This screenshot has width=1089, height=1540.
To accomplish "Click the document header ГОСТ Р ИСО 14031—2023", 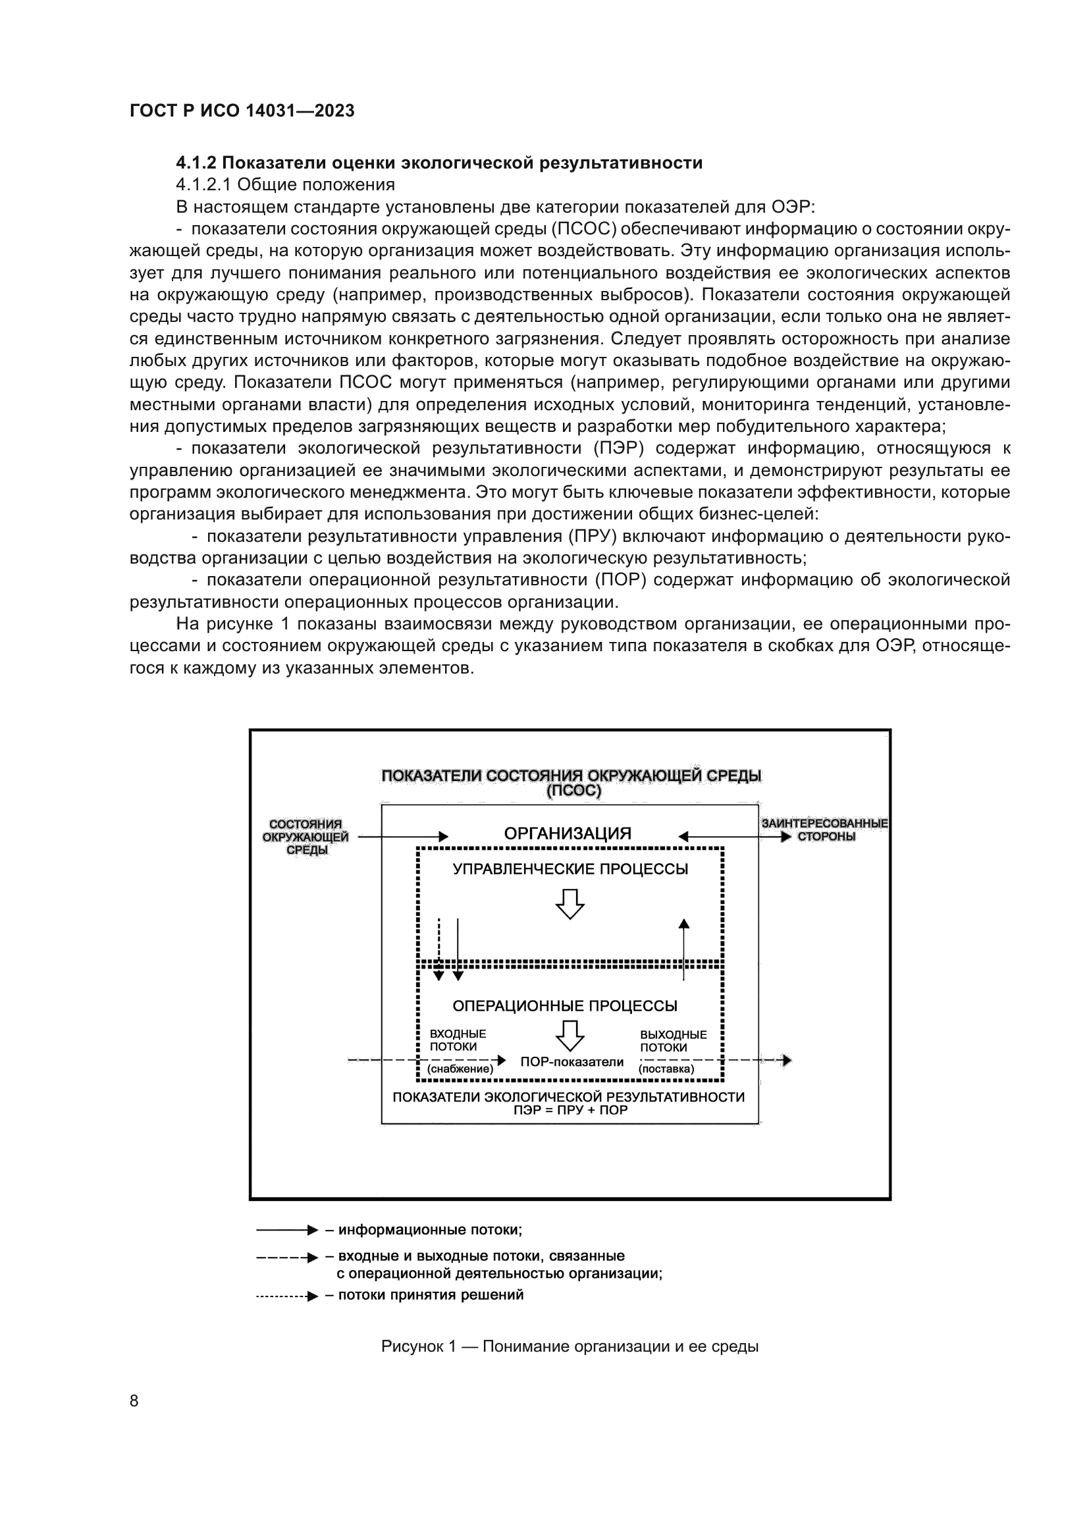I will click(242, 111).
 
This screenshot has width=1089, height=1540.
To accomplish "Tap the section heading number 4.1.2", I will click(196, 163).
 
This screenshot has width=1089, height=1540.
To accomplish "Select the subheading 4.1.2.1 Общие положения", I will click(285, 184).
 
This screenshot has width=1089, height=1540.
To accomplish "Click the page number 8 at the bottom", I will click(134, 1400).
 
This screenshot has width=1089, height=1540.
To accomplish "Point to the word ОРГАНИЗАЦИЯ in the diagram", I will click(568, 834).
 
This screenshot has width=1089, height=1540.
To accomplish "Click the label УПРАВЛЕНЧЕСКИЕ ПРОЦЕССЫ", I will click(570, 869).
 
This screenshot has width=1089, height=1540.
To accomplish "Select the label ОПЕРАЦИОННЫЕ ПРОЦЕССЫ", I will click(565, 1005).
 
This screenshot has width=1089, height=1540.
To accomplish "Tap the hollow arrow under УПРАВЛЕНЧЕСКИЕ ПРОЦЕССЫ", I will click(570, 903).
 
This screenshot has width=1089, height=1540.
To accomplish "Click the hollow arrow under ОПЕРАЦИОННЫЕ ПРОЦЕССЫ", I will click(570, 1036).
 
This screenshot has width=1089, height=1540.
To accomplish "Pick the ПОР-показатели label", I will click(571, 1062).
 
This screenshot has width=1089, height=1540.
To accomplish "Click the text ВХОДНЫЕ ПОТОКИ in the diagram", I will click(458, 1040).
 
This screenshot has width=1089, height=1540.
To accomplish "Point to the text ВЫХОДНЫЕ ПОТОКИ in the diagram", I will click(673, 1041).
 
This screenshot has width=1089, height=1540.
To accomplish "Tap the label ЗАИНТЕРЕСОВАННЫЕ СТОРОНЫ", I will click(825, 830).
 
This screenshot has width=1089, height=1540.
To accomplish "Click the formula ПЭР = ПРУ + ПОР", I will click(570, 1110).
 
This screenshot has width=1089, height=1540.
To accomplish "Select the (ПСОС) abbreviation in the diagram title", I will click(574, 791).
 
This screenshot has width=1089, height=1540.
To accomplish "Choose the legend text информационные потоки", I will click(429, 1229).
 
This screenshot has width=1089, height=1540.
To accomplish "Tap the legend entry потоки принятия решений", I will click(431, 1294).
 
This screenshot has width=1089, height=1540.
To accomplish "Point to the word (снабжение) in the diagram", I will click(460, 1069).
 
